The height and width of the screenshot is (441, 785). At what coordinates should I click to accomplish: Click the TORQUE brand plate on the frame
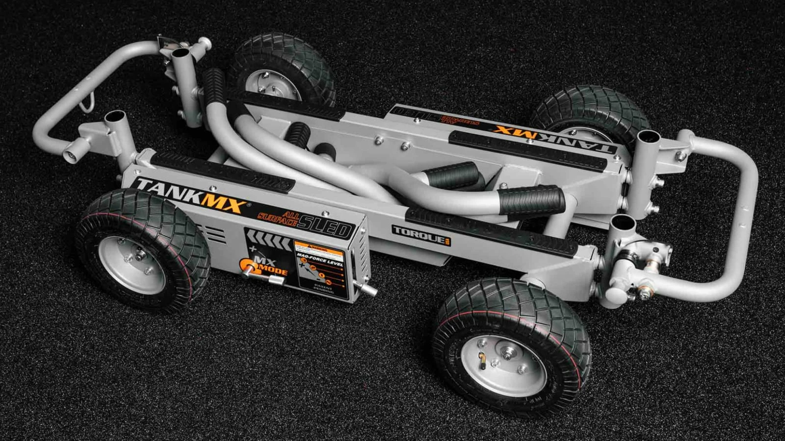click(x=421, y=234)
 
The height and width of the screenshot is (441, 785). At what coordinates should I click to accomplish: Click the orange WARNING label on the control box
click(x=318, y=248)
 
